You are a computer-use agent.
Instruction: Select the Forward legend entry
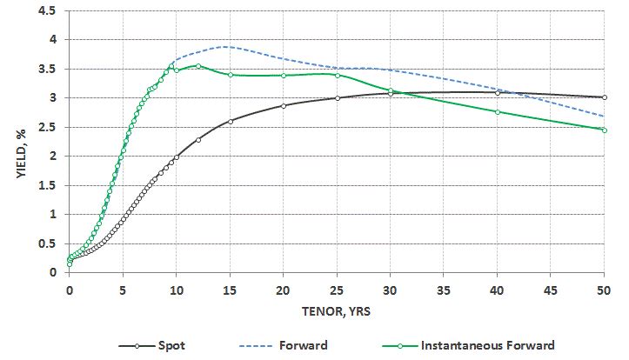pos(304,345)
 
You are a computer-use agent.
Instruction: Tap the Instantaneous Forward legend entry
pos(486,345)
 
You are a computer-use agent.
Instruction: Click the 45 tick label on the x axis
pos(551,290)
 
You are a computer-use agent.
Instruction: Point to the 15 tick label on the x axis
pos(230,290)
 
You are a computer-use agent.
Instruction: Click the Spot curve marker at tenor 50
pos(605,97)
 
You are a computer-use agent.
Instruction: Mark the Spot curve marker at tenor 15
pos(230,121)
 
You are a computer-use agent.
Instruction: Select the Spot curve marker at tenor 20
pos(284,105)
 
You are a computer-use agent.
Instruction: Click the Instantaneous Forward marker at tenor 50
pos(605,130)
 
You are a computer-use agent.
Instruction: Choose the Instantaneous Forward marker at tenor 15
pos(230,75)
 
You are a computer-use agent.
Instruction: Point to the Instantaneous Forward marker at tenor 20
pos(284,76)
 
